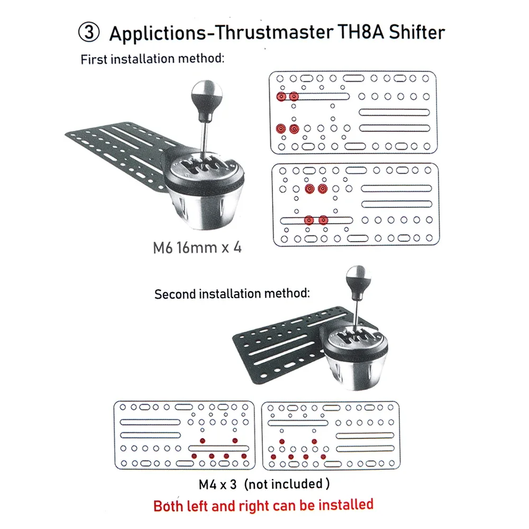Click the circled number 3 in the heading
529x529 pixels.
89,32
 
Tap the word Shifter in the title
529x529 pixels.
417,32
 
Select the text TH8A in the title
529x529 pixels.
361,32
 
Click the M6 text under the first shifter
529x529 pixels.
162,248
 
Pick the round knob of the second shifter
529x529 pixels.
358,278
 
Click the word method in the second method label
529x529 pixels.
286,293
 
